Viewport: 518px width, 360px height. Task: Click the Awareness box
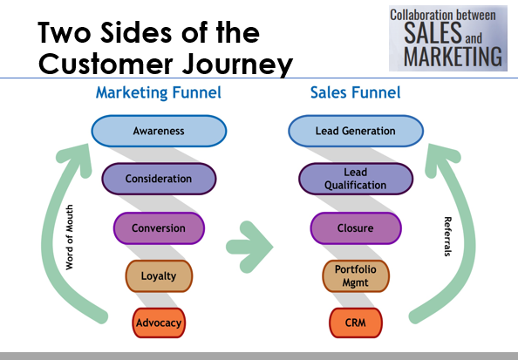pos(159,131)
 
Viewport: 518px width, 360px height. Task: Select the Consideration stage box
pos(159,179)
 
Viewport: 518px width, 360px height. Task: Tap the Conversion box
pos(159,228)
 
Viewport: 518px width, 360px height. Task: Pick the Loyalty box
pos(159,276)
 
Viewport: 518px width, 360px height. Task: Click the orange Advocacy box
pos(159,323)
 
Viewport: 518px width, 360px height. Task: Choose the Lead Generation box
pos(356,131)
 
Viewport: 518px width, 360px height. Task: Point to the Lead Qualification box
pos(356,179)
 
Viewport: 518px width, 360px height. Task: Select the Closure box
pos(356,228)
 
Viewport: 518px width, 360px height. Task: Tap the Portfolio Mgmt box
pos(356,276)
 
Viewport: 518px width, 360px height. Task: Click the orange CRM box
pos(356,323)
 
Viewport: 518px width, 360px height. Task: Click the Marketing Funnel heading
pos(159,92)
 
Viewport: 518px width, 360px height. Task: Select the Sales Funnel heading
pos(356,92)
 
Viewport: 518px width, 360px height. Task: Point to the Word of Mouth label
pos(70,237)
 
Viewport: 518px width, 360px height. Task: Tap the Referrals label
pos(447,236)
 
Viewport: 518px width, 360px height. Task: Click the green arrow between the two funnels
pos(249,247)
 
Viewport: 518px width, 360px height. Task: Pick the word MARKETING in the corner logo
pos(453,57)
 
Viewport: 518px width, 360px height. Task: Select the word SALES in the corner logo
pos(433,33)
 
